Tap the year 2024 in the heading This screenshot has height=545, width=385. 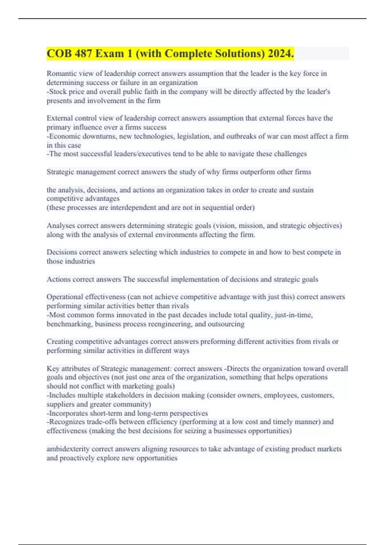point(280,54)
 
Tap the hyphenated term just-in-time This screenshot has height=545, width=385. point(291,315)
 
